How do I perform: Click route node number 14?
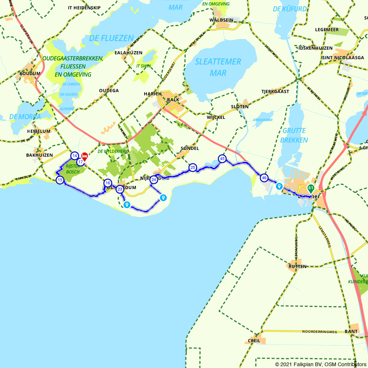click(x=75, y=156)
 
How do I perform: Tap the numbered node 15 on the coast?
click(x=60, y=180)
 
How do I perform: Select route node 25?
click(x=192, y=168)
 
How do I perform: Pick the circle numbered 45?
click(x=222, y=159)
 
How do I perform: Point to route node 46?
click(x=264, y=178)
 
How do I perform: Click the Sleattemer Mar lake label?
click(x=218, y=67)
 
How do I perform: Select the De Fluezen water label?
click(x=111, y=38)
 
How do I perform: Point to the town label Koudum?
click(x=30, y=74)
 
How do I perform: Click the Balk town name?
click(x=173, y=100)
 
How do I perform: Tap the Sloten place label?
click(x=240, y=107)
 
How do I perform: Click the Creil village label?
click(x=254, y=341)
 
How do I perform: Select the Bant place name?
click(x=351, y=332)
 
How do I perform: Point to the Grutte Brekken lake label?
click(x=294, y=135)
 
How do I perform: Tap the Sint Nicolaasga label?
click(x=343, y=58)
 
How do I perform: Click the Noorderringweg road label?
click(x=319, y=332)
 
